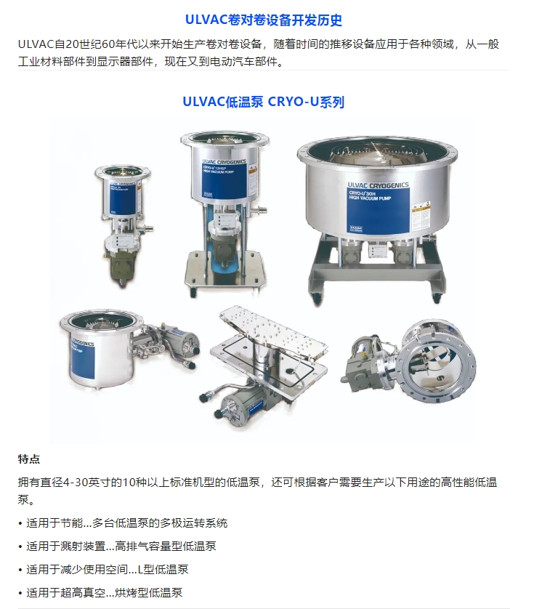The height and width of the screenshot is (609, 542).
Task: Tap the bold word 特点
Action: point(29,459)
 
